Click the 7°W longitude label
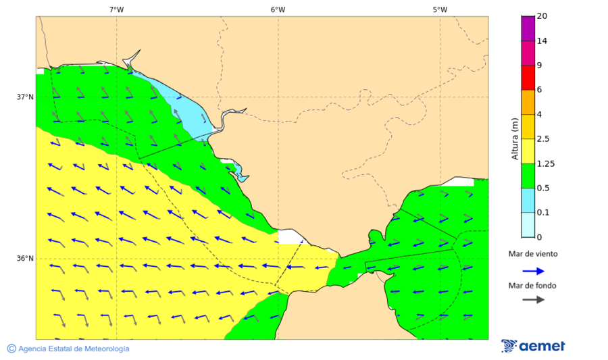[x=116, y=9]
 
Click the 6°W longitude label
[x=278, y=9]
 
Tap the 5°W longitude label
[x=440, y=9]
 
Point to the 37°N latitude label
[x=25, y=97]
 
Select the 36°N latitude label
[x=25, y=258]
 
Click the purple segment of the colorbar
[x=528, y=28]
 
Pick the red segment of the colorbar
[x=528, y=77]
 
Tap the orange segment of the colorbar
[x=528, y=102]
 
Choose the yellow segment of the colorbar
[x=528, y=151]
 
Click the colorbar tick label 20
[x=542, y=16]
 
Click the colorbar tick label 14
[x=542, y=41]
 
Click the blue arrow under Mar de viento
[x=533, y=271]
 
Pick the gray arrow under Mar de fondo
[x=533, y=299]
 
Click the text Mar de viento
[x=533, y=254]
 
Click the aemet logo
[x=533, y=346]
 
